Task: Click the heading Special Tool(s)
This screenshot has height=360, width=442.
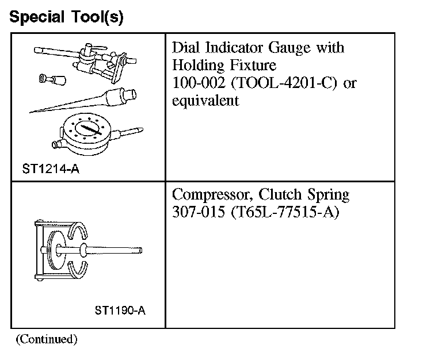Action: [x=66, y=17]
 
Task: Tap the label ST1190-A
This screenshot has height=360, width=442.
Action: [x=120, y=311]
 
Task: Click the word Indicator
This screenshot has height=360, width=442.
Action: [x=235, y=47]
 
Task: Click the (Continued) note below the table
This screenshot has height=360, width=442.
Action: [x=46, y=339]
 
